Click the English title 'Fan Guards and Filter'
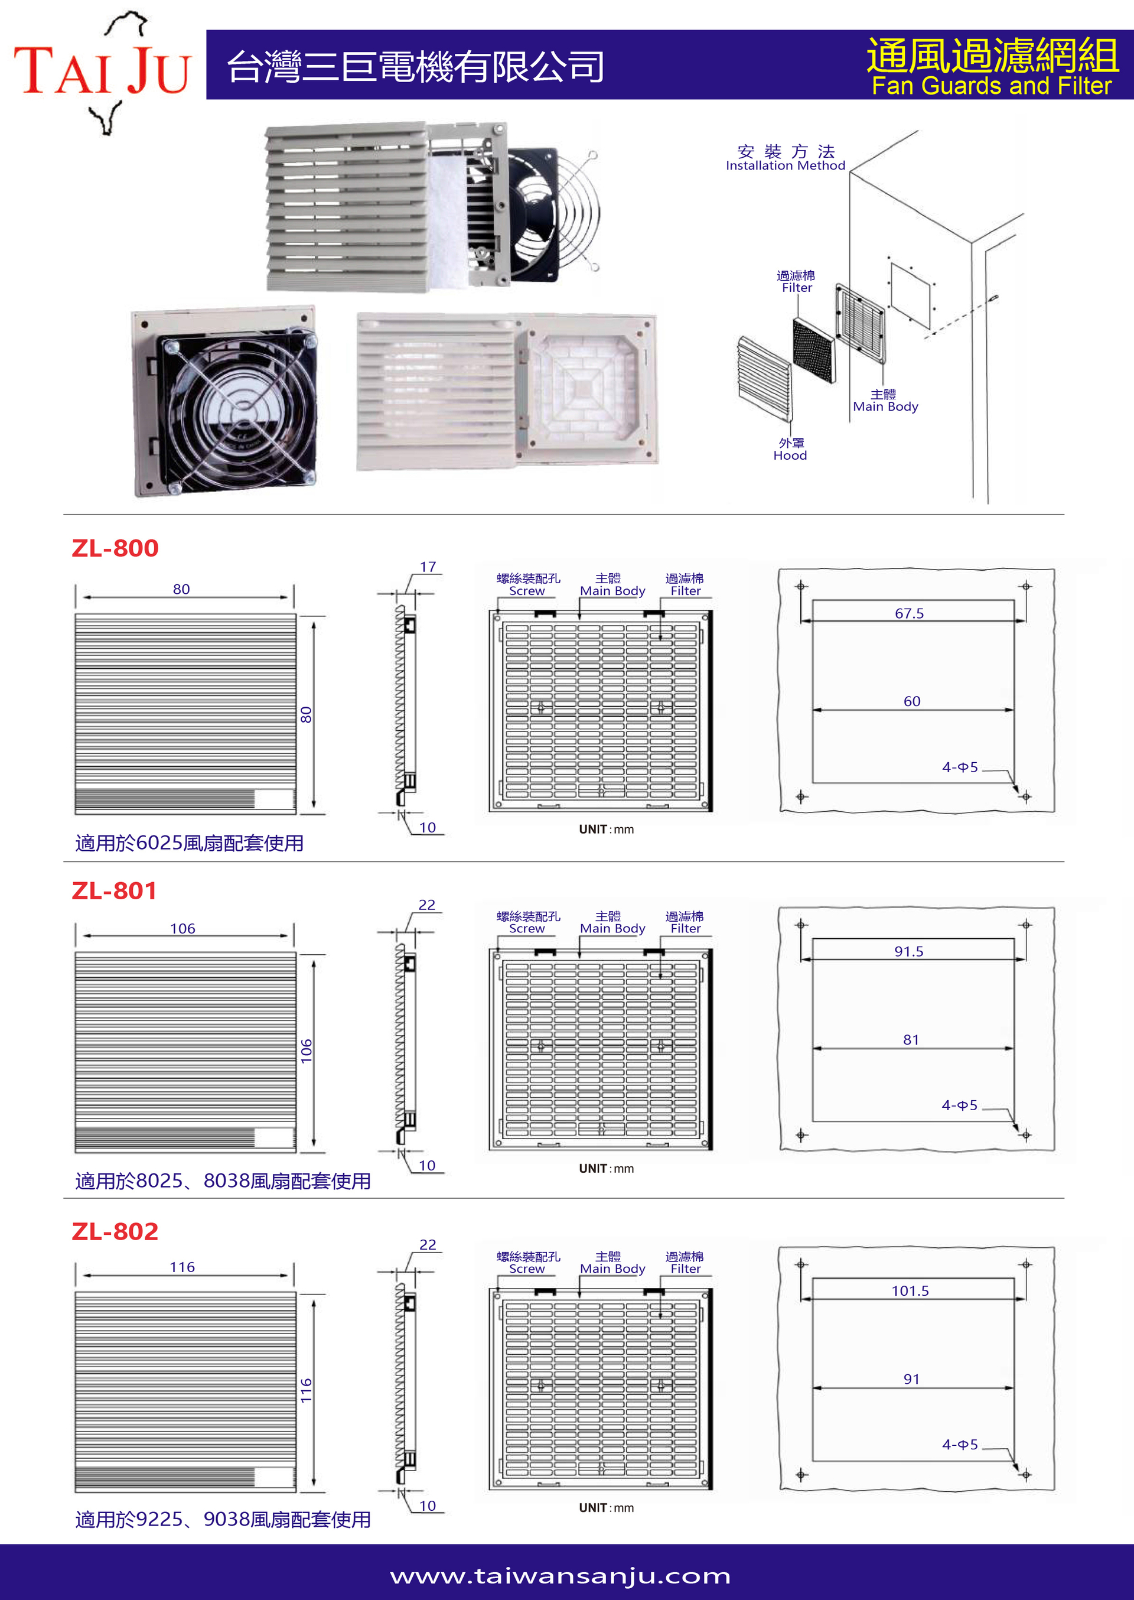click(991, 86)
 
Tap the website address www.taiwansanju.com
click(560, 1576)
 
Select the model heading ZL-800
click(115, 548)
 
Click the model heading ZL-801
click(115, 891)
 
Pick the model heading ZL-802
click(115, 1231)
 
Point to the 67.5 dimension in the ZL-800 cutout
click(909, 613)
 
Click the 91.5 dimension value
click(908, 951)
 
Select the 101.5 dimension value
click(910, 1290)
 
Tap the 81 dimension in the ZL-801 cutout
click(911, 1039)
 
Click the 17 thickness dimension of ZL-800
click(428, 567)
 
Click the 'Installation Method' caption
click(786, 165)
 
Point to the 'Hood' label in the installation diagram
click(790, 456)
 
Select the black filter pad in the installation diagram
click(813, 350)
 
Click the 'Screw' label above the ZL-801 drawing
click(526, 928)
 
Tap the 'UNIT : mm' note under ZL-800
click(606, 829)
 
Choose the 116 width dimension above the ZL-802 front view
click(183, 1267)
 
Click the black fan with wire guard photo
click(225, 403)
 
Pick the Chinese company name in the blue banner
click(415, 67)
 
